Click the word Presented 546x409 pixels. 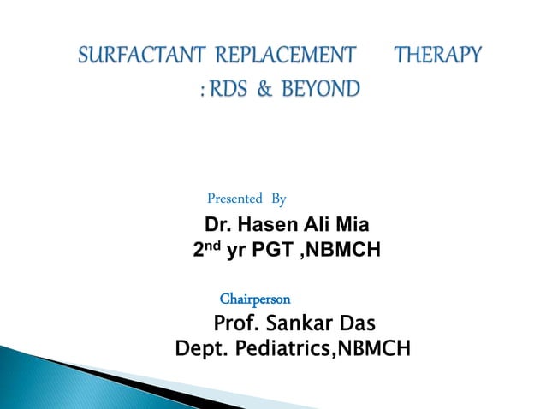234,199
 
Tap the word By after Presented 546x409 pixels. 278,199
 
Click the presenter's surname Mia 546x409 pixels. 352,226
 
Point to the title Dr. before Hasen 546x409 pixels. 217,226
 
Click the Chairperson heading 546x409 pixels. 255,299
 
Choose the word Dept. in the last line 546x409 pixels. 199,349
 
